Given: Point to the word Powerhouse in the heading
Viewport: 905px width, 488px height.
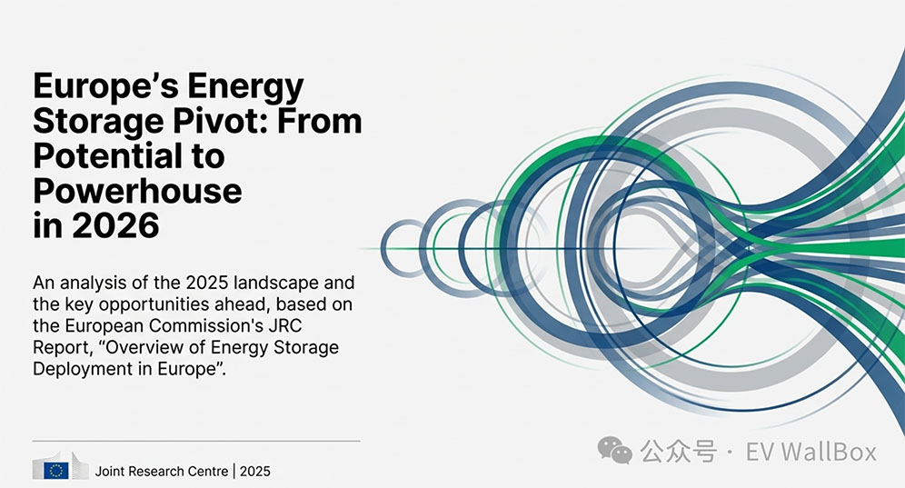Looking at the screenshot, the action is [x=137, y=191].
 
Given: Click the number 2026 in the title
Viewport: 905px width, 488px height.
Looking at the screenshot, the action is [x=115, y=225].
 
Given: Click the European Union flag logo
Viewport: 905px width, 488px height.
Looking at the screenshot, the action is [x=56, y=471].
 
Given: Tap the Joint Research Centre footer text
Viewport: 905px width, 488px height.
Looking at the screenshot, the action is [x=162, y=472].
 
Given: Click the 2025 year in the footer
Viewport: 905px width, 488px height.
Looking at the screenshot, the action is [x=255, y=472].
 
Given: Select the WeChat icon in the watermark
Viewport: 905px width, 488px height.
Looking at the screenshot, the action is [x=614, y=451].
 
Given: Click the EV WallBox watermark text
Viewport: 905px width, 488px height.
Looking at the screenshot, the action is [x=811, y=452].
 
